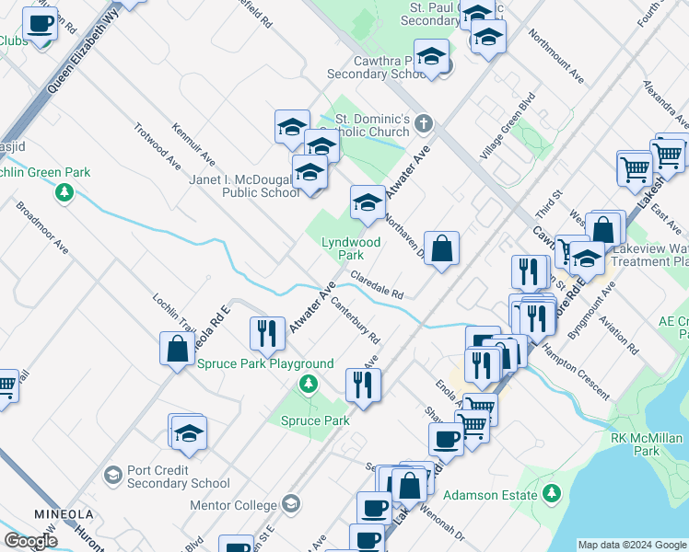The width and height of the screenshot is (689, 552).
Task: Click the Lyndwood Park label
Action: click(350, 248)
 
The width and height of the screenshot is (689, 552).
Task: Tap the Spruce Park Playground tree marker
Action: click(310, 383)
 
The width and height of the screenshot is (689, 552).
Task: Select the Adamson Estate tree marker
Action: click(552, 495)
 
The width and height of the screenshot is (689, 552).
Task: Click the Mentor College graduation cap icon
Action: click(291, 504)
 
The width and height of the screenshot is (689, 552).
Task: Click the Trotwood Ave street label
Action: click(157, 146)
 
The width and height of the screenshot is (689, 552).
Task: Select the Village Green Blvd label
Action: click(507, 127)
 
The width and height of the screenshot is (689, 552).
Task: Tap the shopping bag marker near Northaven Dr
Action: click(442, 250)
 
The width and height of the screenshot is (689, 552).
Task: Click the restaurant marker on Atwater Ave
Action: click(267, 336)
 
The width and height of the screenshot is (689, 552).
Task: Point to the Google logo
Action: click(30, 541)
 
